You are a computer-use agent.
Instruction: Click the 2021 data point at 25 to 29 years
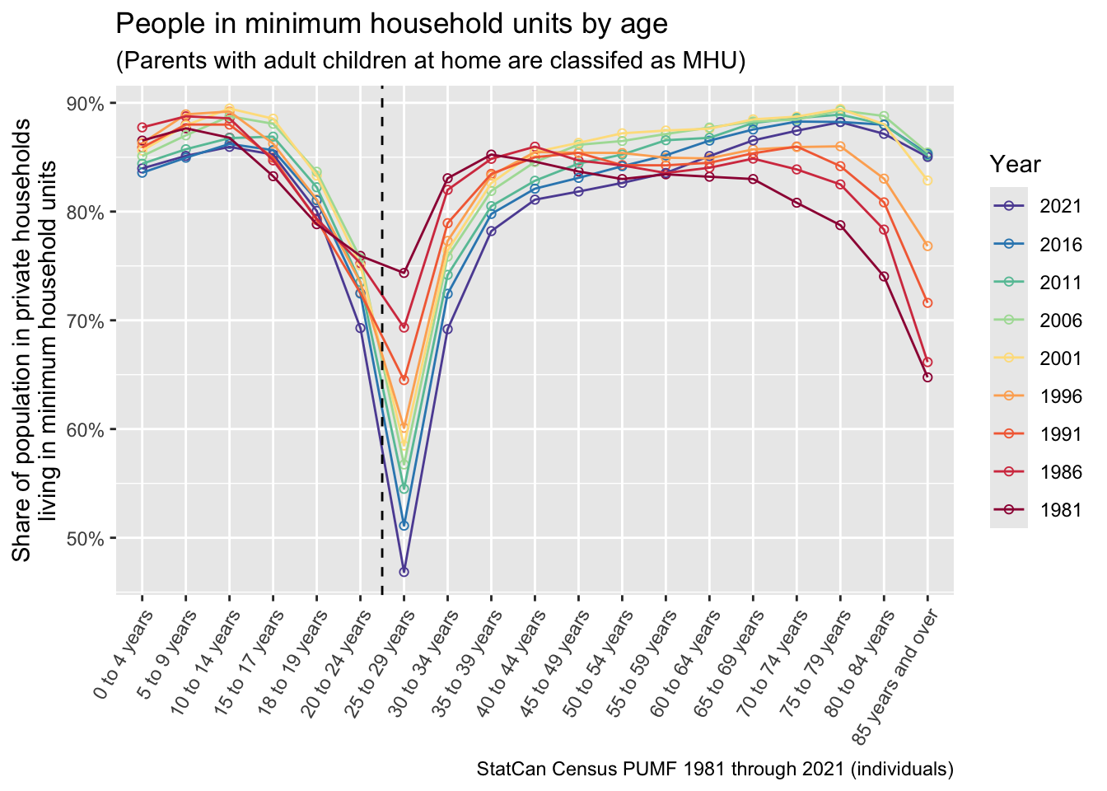coord(404,572)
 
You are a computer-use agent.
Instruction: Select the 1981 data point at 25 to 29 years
coord(404,273)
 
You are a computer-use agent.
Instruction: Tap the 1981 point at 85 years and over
coord(927,377)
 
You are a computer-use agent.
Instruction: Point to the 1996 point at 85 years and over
coord(927,246)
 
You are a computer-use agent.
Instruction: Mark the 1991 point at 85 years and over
coord(927,303)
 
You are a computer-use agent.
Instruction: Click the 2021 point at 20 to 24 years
coord(360,328)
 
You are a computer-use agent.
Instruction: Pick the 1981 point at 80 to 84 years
coord(884,277)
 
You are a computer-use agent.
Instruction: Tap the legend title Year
coord(1015,165)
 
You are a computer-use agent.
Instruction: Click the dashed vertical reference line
coord(382,412)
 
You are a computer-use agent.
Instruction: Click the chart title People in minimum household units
coord(391,24)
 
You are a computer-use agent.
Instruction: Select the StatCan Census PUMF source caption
coord(715,770)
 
